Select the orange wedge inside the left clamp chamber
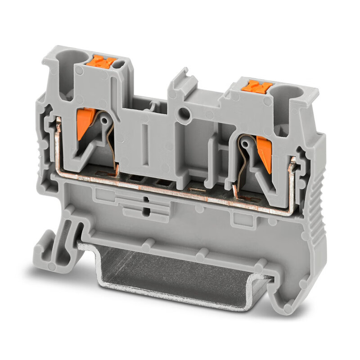coord(84,124)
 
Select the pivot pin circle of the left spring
coord(105,121)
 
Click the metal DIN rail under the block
coord(180,274)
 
